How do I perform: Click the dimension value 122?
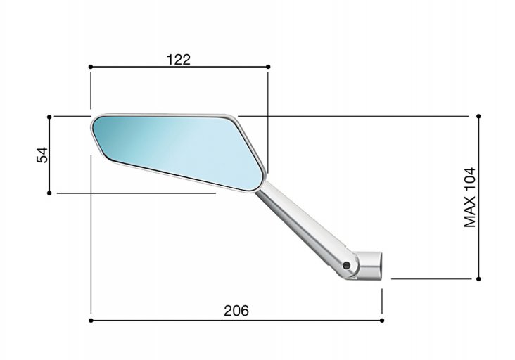coord(179,60)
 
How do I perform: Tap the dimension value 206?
coord(236,311)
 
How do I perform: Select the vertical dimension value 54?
coord(42,155)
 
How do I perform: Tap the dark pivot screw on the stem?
coord(346,266)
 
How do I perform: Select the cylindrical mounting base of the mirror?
coord(368,266)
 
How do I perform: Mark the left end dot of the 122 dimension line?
coord(91,67)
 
